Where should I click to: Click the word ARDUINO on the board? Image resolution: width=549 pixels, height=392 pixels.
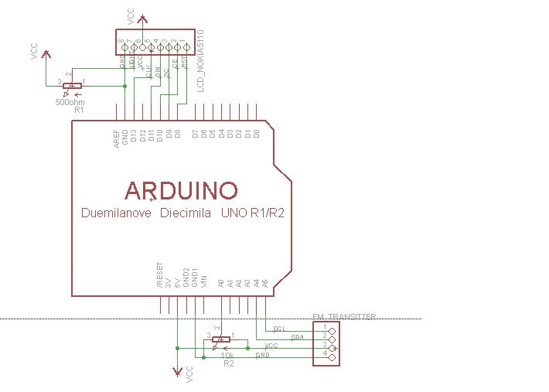tap(182, 189)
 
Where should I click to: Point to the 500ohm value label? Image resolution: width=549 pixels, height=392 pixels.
tap(70, 101)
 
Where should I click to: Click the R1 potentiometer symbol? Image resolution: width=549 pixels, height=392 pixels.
tap(70, 87)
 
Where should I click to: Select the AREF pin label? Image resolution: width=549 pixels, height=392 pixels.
tap(117, 138)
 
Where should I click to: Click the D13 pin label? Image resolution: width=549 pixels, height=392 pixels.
tap(134, 137)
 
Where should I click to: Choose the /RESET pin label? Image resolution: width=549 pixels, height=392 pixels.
tap(160, 275)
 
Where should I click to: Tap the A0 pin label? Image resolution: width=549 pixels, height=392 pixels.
tap(221, 284)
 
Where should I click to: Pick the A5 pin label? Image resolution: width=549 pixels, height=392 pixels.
tap(265, 284)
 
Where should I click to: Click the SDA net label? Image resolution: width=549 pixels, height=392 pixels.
tap(297, 338)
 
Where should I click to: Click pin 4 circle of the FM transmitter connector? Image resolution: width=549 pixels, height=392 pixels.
tap(332, 357)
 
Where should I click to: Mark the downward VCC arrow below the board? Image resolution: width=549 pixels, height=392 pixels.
tap(178, 370)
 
